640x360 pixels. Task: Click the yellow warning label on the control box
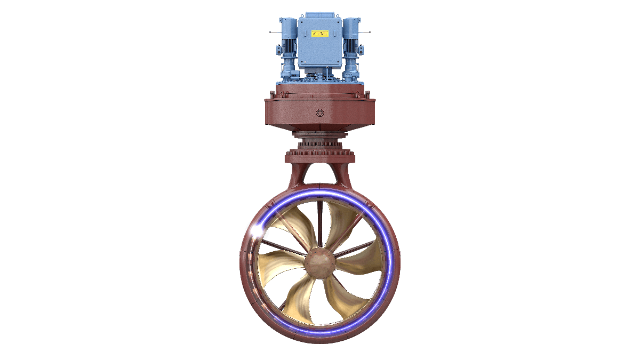tap(319, 34)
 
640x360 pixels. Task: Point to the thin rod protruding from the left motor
tap(274, 33)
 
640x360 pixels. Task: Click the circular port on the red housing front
tap(320, 113)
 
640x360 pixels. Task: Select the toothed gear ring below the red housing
tap(320, 145)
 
